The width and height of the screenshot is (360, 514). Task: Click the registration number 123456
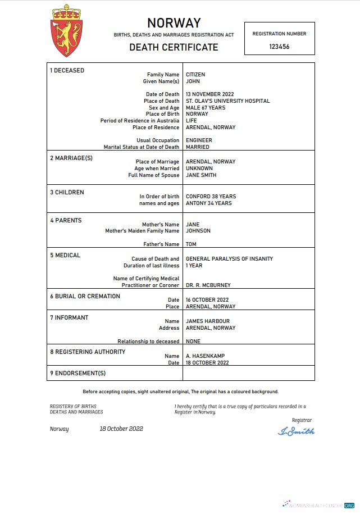(279, 47)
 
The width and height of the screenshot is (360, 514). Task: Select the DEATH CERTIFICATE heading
(174, 47)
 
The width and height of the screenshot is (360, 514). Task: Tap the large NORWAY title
(174, 23)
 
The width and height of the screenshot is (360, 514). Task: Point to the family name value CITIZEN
(195, 75)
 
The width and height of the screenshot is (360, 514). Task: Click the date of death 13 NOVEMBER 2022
(209, 94)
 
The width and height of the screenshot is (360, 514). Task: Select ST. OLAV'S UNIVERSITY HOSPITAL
(227, 101)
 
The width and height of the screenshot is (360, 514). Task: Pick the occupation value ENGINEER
(198, 140)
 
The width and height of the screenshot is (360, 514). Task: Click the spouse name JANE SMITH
(201, 175)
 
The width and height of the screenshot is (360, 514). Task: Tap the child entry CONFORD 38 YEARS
(211, 197)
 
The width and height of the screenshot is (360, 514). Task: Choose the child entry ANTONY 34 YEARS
(208, 203)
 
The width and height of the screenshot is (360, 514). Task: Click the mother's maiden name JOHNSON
(198, 231)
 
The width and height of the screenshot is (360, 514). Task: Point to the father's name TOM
(191, 244)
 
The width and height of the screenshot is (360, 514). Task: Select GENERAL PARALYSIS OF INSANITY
(229, 259)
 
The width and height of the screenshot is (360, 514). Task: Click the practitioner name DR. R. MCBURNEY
(208, 285)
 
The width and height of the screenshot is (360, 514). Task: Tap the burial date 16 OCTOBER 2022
(207, 300)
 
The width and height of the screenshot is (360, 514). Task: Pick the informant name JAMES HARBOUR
(208, 321)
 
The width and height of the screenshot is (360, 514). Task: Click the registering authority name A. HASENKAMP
(205, 356)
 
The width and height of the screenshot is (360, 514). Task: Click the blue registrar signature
(296, 431)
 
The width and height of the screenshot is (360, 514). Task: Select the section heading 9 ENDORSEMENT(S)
(78, 373)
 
